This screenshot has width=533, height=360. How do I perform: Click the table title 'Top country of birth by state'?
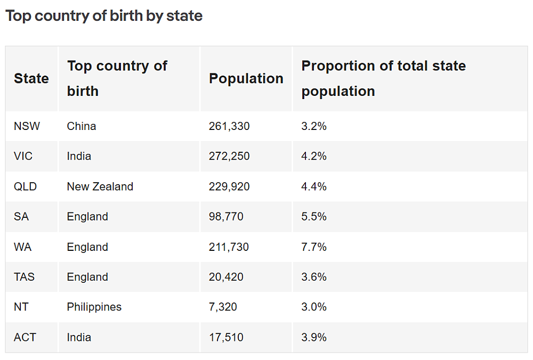pos(104,16)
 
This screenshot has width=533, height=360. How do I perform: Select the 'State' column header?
pos(31,78)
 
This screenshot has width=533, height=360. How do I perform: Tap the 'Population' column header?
pos(246,78)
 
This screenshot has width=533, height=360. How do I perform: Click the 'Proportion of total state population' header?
pos(383,78)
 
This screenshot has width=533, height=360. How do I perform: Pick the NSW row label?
pos(27,126)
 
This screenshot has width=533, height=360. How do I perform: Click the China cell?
pos(82,126)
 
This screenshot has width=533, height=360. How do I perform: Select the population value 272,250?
pos(229,156)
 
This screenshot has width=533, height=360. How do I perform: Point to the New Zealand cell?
pos(100,186)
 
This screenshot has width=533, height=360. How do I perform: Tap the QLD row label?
pos(25,186)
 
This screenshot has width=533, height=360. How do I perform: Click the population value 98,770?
pos(226,217)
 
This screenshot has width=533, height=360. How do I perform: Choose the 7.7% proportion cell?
pos(314,247)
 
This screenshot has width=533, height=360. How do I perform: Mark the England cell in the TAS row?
pos(87,277)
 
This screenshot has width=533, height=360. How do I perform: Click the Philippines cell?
pos(94,307)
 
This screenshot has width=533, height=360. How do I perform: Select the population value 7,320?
pos(223,307)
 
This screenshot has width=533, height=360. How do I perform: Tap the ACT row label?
pos(26,337)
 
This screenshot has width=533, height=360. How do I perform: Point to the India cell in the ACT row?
pos(79,337)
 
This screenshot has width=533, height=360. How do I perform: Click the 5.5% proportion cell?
pos(314,217)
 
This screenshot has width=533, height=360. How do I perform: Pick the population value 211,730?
pos(229,247)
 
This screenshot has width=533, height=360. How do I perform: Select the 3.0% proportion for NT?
pos(314,307)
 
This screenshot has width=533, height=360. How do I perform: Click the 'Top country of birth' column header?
pos(117,78)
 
